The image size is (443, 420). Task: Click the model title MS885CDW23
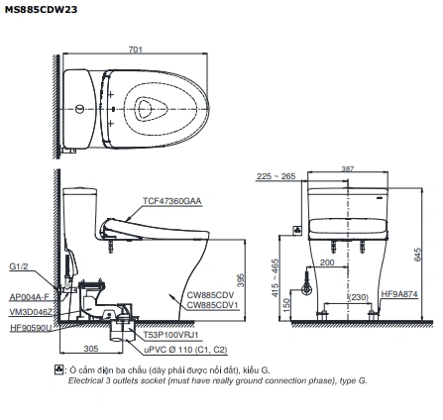(x=41, y=10)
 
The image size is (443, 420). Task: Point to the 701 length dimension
(x=136, y=50)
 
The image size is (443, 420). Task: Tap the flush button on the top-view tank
(x=79, y=109)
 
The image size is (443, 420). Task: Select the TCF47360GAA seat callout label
(x=171, y=201)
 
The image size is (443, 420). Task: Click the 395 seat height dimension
(x=242, y=280)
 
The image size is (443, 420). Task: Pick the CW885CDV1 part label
(x=212, y=305)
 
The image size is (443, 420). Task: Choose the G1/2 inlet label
(x=19, y=266)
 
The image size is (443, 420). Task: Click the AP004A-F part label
(x=29, y=297)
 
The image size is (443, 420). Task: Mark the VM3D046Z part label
(x=31, y=312)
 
